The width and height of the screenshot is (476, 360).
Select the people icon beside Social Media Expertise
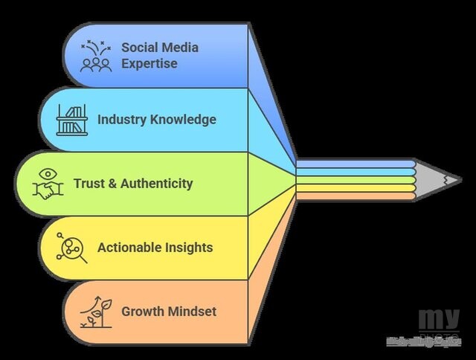click(96, 57)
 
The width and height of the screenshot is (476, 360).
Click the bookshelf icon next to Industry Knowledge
click(71, 119)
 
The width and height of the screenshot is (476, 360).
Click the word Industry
click(118, 119)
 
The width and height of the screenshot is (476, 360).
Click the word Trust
click(89, 184)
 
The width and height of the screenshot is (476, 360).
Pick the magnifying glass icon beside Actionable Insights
click(71, 248)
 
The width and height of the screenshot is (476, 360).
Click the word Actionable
click(129, 248)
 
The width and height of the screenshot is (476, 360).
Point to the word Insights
click(188, 248)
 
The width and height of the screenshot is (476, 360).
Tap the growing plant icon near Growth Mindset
click(96, 312)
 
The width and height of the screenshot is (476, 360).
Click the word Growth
click(142, 312)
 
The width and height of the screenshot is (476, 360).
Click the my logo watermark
click(438, 320)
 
